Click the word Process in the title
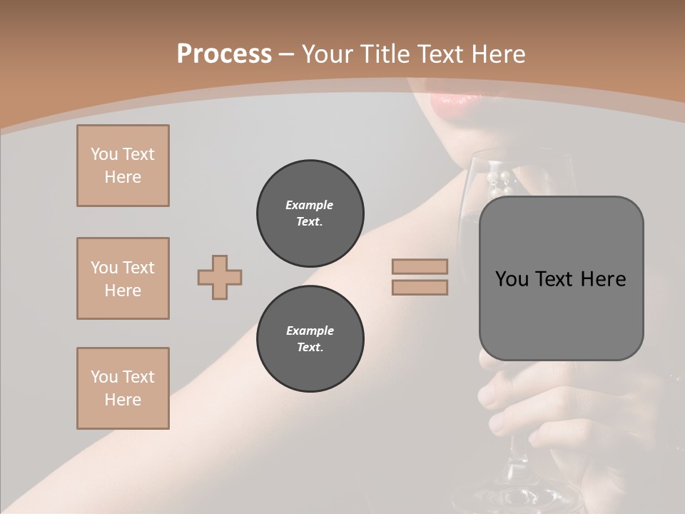point(224,54)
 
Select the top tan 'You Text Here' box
point(123,166)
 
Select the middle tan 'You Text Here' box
point(123,278)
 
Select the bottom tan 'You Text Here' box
point(123,388)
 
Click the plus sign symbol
point(220,277)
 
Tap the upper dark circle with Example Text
point(310,213)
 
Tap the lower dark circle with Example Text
point(310,339)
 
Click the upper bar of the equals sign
point(420,266)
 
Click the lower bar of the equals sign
point(420,287)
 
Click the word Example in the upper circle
point(309,205)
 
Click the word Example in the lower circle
point(310,331)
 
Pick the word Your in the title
point(325,54)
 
